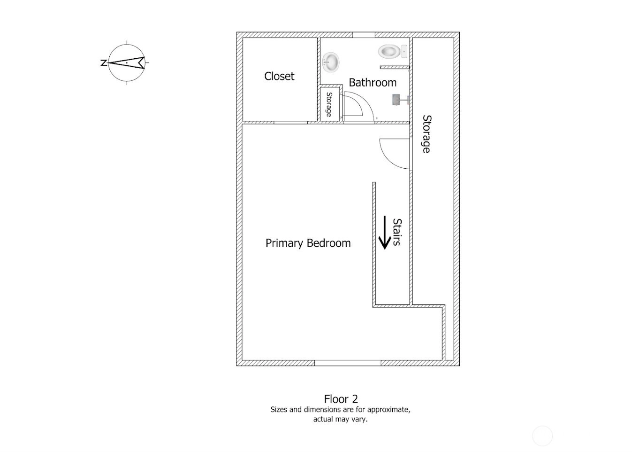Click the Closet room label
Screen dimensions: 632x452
coord(279,76)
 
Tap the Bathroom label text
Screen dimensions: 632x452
coord(373,83)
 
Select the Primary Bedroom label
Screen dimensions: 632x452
coord(308,243)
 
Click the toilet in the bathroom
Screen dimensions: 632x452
coord(392,51)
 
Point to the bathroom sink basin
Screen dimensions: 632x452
coord(331,62)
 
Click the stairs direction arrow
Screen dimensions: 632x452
coord(385,233)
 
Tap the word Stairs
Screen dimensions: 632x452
coord(397,232)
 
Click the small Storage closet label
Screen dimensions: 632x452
coord(329,104)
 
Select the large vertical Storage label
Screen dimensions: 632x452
coord(426,134)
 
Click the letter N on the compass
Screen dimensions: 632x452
coord(104,62)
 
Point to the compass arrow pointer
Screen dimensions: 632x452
coord(126,62)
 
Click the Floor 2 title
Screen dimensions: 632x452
coord(341,399)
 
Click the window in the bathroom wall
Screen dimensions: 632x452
coord(364,35)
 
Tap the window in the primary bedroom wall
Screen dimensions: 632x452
coord(348,363)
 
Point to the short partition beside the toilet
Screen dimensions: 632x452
coord(395,67)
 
